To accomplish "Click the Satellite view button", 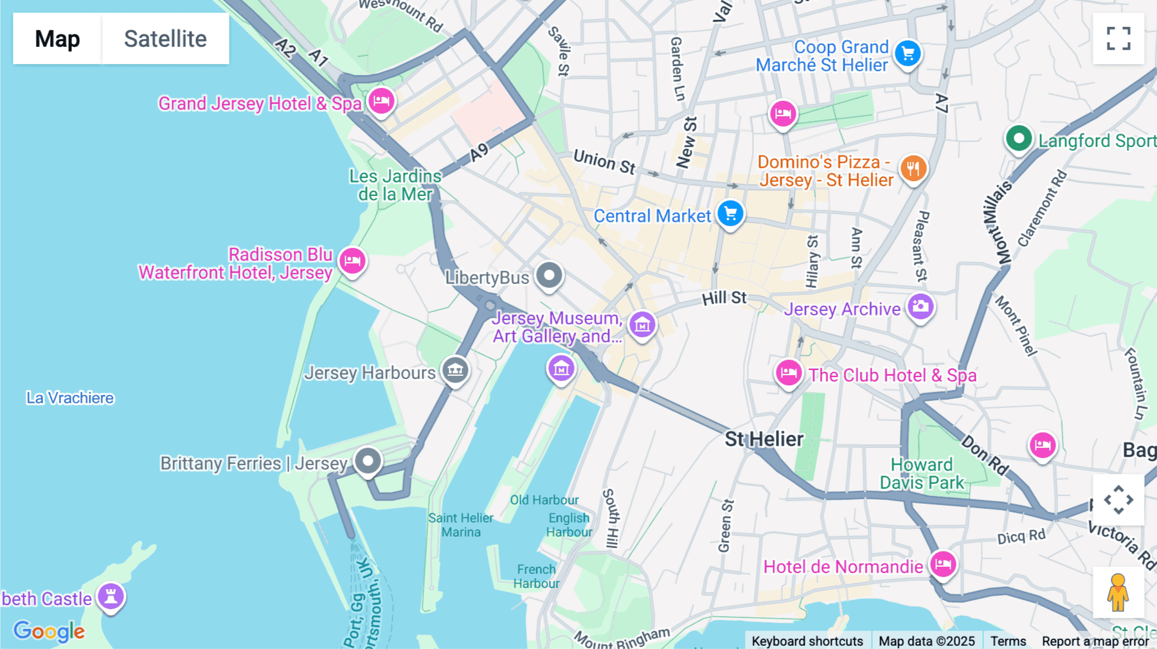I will coord(165,39).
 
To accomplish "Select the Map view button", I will coord(57,39).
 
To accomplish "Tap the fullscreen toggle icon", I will coord(1118,39).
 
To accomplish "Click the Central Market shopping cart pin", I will coord(730,214).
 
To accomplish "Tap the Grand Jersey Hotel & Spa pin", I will coord(381,102).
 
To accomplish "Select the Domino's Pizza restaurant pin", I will coord(913,169).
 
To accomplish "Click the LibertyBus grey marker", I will coord(549,276).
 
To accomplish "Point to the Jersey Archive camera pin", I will coord(920,307).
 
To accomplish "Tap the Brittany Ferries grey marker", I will coord(368,461).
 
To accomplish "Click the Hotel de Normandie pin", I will coord(943,565).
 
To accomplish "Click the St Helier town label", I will coord(764,440).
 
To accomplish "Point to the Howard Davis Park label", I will coord(921,474).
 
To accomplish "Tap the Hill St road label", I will coord(724,298).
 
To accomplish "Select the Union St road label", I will coord(604,161).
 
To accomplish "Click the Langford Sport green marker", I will coord(1018,139).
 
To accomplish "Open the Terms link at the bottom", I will coord(1008,641).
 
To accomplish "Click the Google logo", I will coord(49,631).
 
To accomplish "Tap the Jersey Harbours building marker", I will coord(455,371).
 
